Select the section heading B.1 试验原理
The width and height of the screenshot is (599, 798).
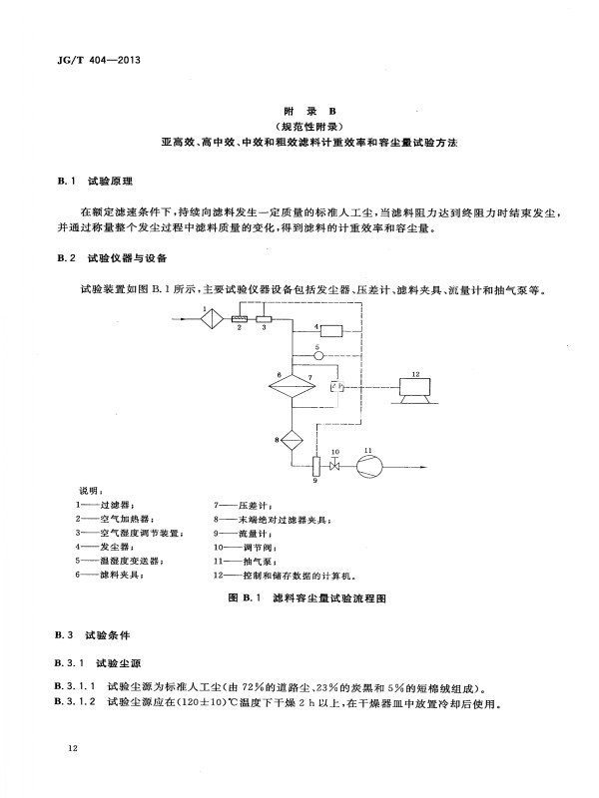95,182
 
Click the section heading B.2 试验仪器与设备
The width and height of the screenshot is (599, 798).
112,258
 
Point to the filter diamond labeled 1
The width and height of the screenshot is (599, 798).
212,319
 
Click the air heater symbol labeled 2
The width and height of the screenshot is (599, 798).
239,319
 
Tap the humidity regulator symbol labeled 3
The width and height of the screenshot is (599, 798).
264,319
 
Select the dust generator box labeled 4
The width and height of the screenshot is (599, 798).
331,331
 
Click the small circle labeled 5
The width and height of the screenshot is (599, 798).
318,355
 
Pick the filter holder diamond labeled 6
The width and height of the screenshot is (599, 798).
292,387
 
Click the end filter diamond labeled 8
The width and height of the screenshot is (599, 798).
292,439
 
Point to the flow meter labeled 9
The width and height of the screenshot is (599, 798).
314,465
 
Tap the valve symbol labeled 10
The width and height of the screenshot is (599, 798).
334,466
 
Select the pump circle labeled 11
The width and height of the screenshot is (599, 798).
369,466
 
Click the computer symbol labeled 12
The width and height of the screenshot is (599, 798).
415,391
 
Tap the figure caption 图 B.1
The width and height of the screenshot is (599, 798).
245,598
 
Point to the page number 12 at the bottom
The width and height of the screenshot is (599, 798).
72,747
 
